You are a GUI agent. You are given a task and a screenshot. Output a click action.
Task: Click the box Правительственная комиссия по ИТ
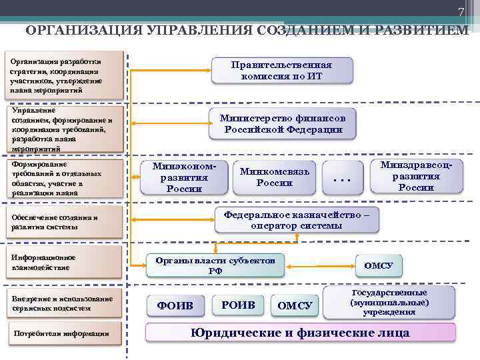(281, 70)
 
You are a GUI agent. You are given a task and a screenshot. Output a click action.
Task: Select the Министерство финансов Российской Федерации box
(283, 123)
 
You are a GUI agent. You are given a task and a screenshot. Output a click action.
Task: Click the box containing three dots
(341, 177)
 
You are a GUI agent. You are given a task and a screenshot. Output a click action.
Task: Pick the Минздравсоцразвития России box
(415, 176)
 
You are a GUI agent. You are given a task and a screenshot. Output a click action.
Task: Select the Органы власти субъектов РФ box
(215, 265)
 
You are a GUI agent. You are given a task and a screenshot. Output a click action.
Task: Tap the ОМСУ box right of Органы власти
(379, 265)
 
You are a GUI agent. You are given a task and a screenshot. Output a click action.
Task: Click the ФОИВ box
(175, 305)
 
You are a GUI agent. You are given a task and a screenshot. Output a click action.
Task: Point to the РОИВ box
(237, 305)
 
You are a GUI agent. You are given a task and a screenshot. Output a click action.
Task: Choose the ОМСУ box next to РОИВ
(295, 305)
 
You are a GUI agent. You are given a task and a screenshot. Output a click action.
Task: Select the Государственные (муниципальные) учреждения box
(389, 302)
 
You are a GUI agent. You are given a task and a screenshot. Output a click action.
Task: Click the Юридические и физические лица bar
(301, 332)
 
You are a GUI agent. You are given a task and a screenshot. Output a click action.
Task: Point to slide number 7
(460, 13)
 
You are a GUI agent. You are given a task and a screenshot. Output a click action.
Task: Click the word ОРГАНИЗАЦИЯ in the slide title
(80, 31)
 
